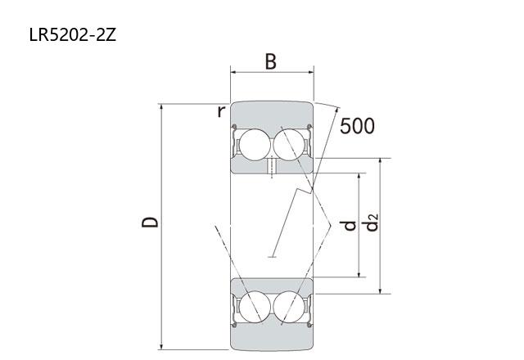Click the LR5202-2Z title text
73,34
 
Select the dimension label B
271,62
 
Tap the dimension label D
150,222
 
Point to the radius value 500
357,126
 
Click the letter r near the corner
221,111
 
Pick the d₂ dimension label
371,223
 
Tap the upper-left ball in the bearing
255,145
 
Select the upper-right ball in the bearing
289,145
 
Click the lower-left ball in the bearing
255,307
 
